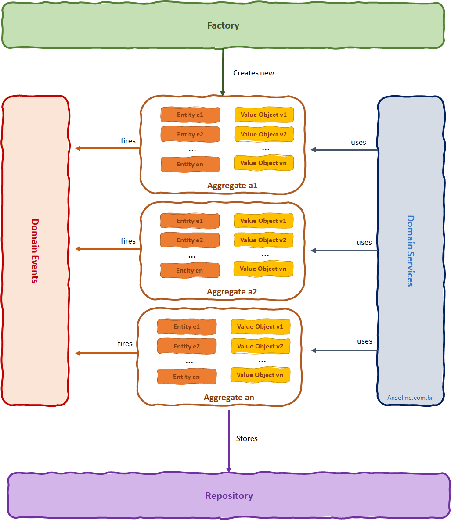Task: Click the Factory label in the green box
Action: (x=223, y=25)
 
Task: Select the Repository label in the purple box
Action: (x=229, y=496)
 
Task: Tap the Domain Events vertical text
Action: (x=35, y=251)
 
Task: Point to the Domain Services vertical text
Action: (x=411, y=251)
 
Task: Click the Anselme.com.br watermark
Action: (x=410, y=398)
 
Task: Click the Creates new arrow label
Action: (x=253, y=73)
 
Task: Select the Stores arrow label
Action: (x=247, y=438)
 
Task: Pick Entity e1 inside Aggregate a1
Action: (x=190, y=115)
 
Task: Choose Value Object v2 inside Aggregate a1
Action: (x=263, y=134)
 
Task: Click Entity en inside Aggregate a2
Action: (x=190, y=270)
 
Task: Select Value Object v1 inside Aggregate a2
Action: (x=263, y=221)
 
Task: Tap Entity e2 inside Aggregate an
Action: (x=187, y=346)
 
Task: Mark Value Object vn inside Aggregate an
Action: (x=260, y=375)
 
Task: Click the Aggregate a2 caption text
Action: (x=232, y=292)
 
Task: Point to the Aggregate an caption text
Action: (x=229, y=398)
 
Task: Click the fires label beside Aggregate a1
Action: (x=128, y=141)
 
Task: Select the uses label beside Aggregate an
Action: (x=364, y=341)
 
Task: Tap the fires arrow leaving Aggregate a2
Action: (x=108, y=249)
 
